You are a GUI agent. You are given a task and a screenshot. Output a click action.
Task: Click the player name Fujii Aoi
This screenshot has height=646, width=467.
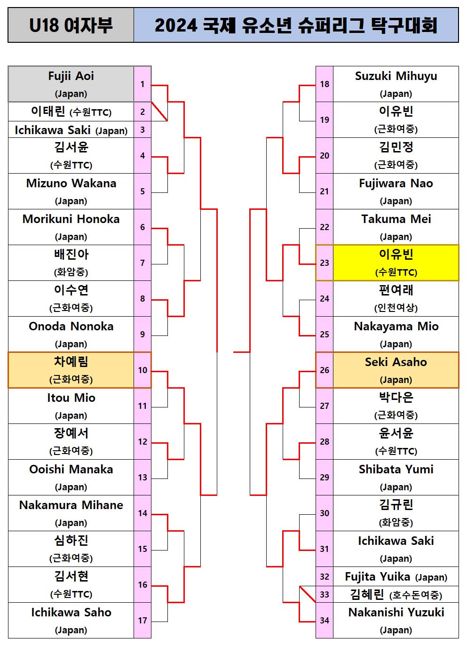[71, 76]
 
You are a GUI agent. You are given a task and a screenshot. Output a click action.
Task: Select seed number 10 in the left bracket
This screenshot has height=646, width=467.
[142, 370]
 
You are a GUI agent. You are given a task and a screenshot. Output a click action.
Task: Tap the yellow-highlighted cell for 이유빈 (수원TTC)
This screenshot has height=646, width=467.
[396, 263]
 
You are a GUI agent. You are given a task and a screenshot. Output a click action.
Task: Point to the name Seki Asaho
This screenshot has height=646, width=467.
[396, 362]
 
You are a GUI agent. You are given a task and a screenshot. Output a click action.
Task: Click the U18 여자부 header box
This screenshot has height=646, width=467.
[71, 25]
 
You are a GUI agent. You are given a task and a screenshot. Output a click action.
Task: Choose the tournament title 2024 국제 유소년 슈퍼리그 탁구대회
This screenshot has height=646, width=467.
[296, 25]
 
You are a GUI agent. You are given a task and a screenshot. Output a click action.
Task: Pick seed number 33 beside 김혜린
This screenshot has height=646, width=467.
[325, 595]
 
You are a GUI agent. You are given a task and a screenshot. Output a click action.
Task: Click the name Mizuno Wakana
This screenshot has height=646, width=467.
[71, 183]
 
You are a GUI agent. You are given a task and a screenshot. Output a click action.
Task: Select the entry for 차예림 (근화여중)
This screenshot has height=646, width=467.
[71, 370]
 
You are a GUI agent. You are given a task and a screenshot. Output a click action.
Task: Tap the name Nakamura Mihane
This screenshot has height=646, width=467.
[71, 505]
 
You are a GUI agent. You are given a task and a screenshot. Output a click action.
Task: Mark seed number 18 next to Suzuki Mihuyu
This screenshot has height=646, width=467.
[325, 84]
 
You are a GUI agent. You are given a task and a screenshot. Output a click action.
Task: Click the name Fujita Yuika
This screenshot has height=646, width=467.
[378, 577]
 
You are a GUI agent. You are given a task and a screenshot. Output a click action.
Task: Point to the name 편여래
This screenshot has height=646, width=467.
[396, 290]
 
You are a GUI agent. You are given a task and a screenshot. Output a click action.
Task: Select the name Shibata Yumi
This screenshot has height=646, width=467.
[396, 470]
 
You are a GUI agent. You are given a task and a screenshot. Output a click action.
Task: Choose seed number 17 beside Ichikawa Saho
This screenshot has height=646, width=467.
[142, 621]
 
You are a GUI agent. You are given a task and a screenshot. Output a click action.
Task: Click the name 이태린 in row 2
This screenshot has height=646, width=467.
[48, 112]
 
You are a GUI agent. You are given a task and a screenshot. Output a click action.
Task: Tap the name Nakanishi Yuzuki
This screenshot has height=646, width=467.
[396, 613]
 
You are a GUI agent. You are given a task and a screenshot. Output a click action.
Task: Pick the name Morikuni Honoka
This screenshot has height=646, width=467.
[71, 219]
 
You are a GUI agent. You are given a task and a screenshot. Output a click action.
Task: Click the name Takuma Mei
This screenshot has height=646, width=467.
[396, 219]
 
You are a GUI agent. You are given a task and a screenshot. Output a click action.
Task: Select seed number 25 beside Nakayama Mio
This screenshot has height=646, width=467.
[325, 335]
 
